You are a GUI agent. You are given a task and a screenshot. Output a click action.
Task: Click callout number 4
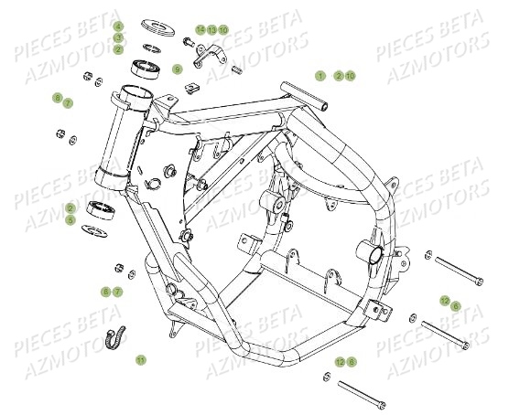pyautogui.click(x=118, y=26)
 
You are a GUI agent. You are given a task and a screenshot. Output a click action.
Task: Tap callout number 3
pyautogui.click(x=118, y=37)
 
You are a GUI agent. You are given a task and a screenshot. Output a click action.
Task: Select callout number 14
pyautogui.click(x=200, y=30)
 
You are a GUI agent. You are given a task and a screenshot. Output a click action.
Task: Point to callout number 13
pyautogui.click(x=211, y=30)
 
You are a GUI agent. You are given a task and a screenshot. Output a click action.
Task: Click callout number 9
pyautogui.click(x=178, y=68)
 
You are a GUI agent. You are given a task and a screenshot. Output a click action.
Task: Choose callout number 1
pyautogui.click(x=320, y=75)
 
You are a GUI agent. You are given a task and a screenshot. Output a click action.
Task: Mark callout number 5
pyautogui.click(x=95, y=219)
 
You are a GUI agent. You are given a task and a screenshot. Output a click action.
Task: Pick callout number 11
pyautogui.click(x=140, y=359)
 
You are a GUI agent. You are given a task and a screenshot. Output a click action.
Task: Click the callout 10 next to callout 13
pyautogui.click(x=223, y=30)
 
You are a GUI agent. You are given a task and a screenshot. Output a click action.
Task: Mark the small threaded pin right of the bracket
pyautogui.click(x=236, y=69)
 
